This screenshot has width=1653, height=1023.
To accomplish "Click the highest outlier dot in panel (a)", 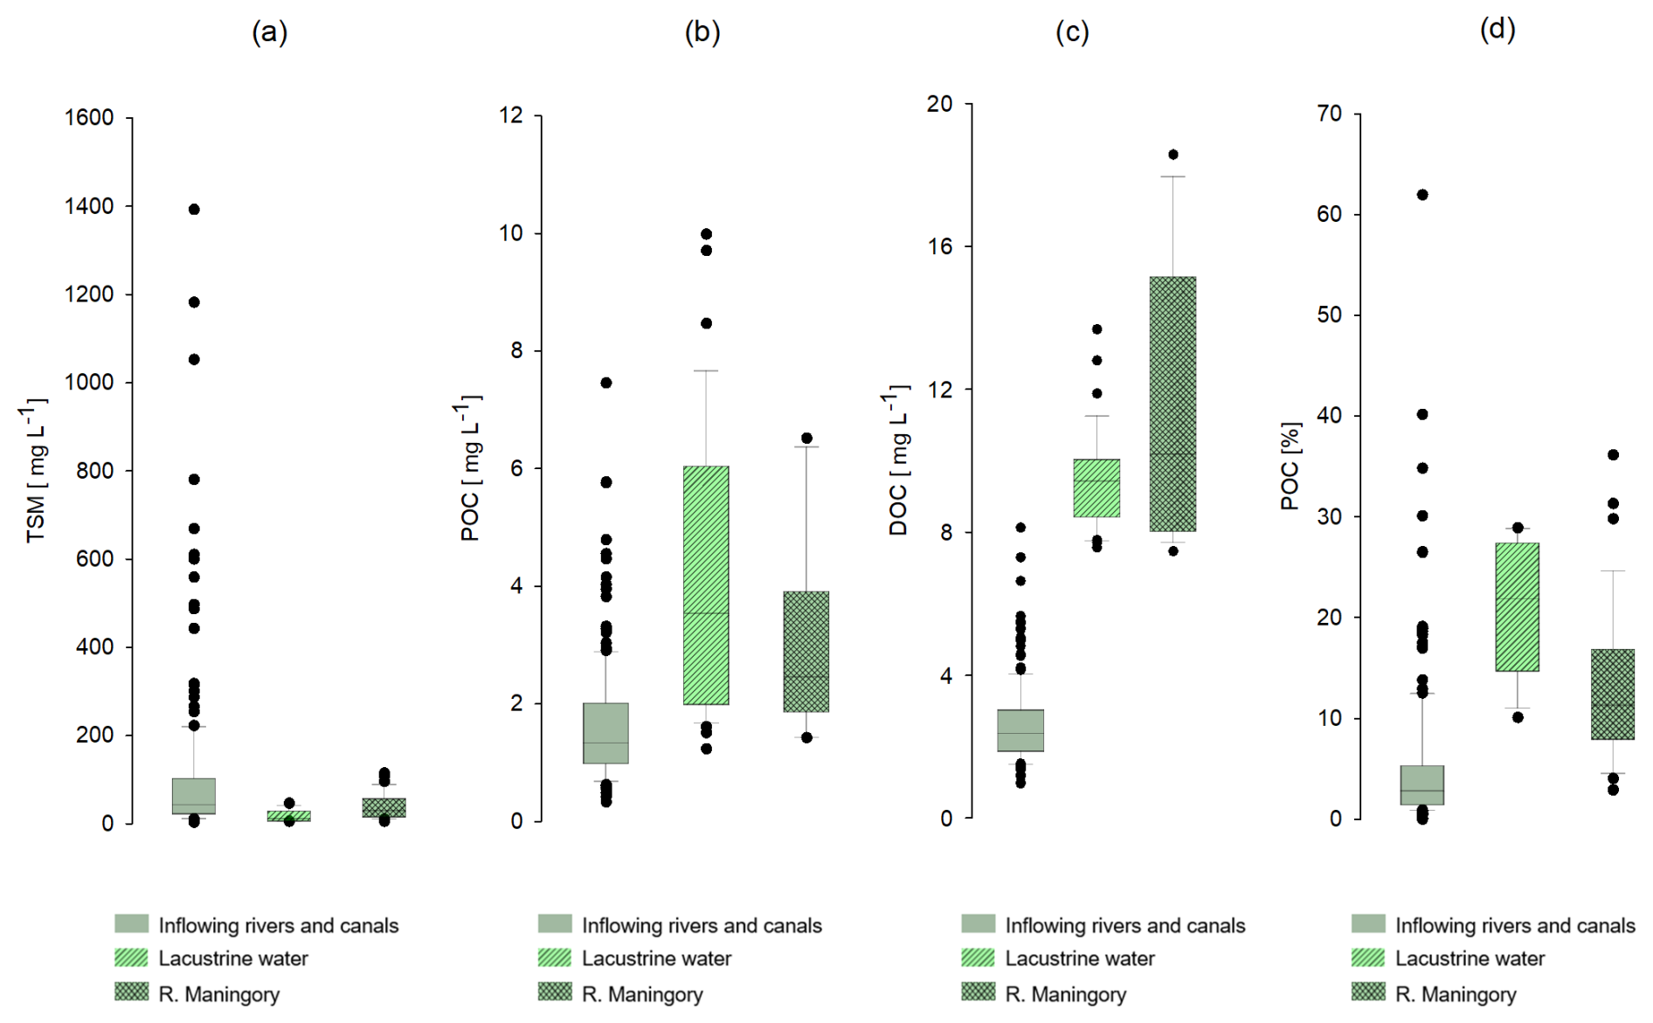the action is coord(194,209).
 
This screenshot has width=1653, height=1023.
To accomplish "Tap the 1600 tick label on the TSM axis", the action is coord(89,117).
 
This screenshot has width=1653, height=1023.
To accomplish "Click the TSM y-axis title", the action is coord(36,472).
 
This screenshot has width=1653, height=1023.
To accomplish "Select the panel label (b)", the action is coord(702,32).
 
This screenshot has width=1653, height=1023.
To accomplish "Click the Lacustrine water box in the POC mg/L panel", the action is coord(706,585).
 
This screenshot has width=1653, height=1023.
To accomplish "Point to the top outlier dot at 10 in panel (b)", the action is coord(706,234).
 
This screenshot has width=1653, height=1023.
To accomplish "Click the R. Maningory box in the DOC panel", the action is coord(1172,404).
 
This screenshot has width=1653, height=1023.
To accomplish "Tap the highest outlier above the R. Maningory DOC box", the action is coord(1173,155).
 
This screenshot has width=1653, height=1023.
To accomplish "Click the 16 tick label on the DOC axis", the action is coord(940,246).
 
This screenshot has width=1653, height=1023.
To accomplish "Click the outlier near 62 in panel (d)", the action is coord(1422,195).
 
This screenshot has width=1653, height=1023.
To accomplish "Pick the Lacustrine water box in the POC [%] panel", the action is coord(1518,607).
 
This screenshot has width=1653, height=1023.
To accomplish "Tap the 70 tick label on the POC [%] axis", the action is coord(1329,114).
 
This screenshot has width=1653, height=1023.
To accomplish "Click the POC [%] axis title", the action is coord(1290,467).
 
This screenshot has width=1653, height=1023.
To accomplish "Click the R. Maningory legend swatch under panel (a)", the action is coord(131,992).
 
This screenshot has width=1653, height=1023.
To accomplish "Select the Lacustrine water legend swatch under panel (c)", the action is coord(978,957).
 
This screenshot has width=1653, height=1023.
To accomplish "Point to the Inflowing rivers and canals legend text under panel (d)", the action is coord(1515,925).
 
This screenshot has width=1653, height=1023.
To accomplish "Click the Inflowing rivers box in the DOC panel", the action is coord(1020,730).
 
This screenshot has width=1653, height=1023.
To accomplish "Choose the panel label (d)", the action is coord(1497,30).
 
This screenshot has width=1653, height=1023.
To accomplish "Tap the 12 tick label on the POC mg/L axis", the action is coord(510,115).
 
